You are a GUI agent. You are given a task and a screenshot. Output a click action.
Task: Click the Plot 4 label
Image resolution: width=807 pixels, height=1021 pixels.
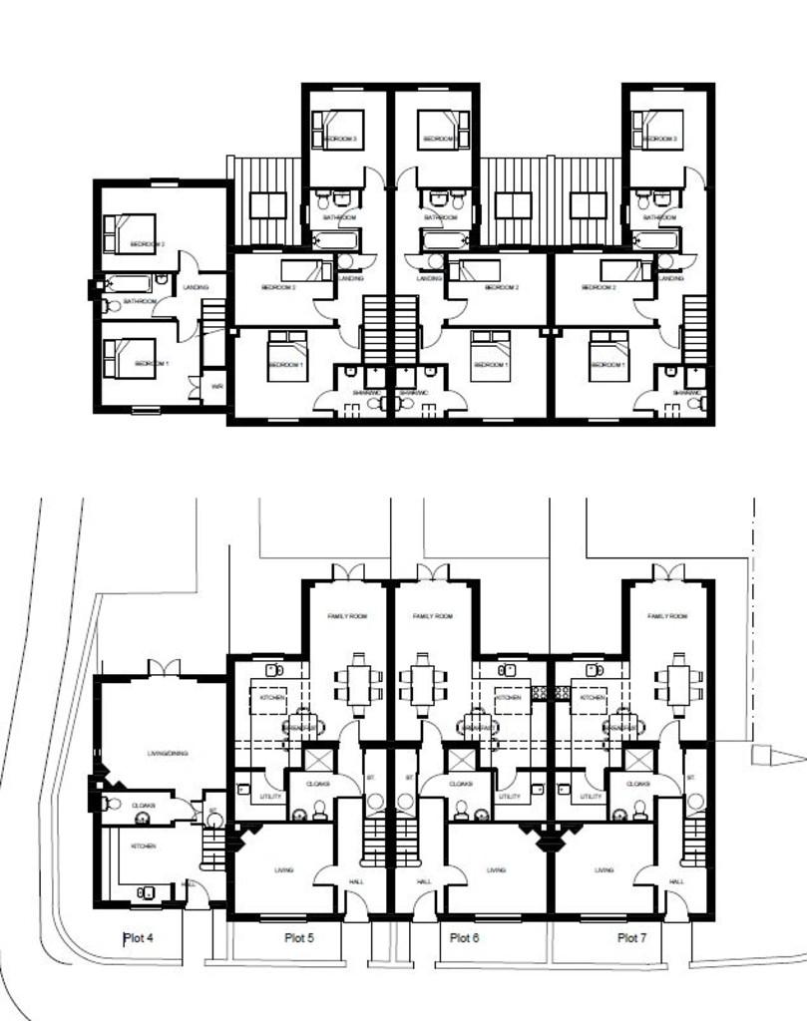[x=138, y=938]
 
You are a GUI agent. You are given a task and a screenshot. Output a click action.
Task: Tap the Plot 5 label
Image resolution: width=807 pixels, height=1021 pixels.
[x=299, y=937]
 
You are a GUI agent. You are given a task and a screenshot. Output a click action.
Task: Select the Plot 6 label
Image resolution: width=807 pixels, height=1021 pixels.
[x=465, y=937]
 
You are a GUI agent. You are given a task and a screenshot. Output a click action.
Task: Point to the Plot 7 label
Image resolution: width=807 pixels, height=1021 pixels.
[x=632, y=937]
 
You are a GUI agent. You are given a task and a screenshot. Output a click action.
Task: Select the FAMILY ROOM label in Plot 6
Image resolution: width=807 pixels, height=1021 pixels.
[x=432, y=617]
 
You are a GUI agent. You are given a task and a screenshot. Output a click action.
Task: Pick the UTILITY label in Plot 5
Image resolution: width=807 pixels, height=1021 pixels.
[x=269, y=797]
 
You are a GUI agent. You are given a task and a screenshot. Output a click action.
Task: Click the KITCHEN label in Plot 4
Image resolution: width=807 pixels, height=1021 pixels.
[x=144, y=846]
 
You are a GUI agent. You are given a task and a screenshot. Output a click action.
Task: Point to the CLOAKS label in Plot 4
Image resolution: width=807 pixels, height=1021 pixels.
[x=142, y=796]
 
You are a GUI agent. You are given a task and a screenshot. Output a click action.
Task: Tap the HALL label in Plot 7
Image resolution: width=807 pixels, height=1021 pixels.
[x=676, y=882]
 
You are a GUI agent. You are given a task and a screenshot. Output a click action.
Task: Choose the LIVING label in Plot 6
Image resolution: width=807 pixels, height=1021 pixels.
[x=496, y=870]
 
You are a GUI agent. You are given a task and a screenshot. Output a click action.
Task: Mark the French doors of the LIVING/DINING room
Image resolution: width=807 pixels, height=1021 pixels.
[x=164, y=666]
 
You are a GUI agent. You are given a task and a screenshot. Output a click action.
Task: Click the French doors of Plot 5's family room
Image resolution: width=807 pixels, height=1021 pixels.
[x=347, y=571]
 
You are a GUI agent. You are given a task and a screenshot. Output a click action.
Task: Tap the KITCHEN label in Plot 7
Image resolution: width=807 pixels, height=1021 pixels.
[x=592, y=698]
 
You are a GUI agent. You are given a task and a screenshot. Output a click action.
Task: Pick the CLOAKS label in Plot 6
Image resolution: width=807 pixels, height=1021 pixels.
[x=460, y=784]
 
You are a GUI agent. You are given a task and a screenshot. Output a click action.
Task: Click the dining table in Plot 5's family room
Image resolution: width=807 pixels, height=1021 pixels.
[x=360, y=683]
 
